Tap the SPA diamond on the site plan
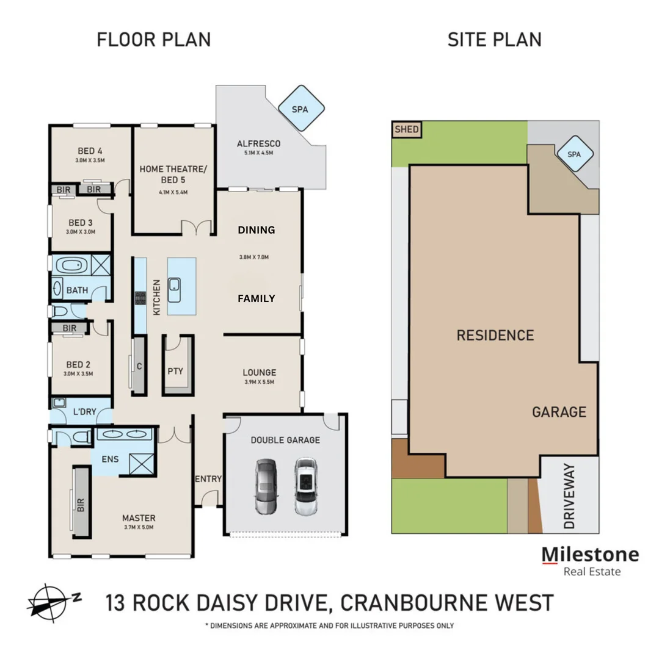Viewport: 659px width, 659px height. [573, 154]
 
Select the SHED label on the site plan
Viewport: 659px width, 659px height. [406, 129]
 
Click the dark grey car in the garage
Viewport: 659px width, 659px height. [266, 487]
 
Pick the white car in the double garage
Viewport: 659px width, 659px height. [305, 487]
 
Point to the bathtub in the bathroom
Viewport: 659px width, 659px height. [71, 266]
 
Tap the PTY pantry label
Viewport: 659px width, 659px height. [175, 371]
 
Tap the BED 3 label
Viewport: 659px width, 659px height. [80, 222]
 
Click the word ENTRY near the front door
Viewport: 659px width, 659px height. [208, 479]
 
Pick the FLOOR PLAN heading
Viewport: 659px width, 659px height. [154, 40]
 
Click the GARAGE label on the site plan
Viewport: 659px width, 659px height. [559, 412]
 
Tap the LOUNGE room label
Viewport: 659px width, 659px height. [259, 372]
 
